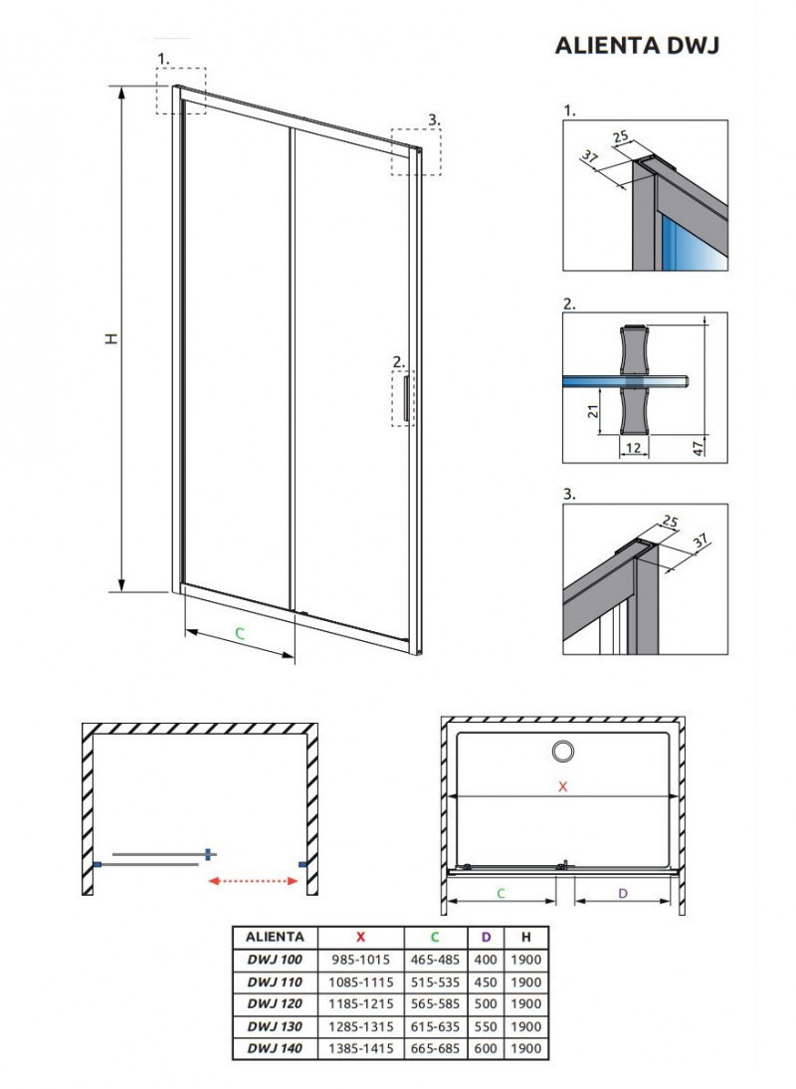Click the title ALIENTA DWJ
(x=636, y=46)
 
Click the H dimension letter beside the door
(x=111, y=338)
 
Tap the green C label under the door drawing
(x=239, y=633)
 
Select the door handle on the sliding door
(x=409, y=397)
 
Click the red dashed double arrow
(x=253, y=880)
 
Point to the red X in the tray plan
(x=562, y=786)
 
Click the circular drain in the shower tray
(x=563, y=752)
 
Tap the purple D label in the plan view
(x=623, y=893)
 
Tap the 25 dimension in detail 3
(x=669, y=522)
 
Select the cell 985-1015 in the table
(x=361, y=960)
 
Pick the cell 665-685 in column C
(x=435, y=1048)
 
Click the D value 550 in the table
(x=487, y=1026)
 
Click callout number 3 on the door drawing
(x=432, y=119)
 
